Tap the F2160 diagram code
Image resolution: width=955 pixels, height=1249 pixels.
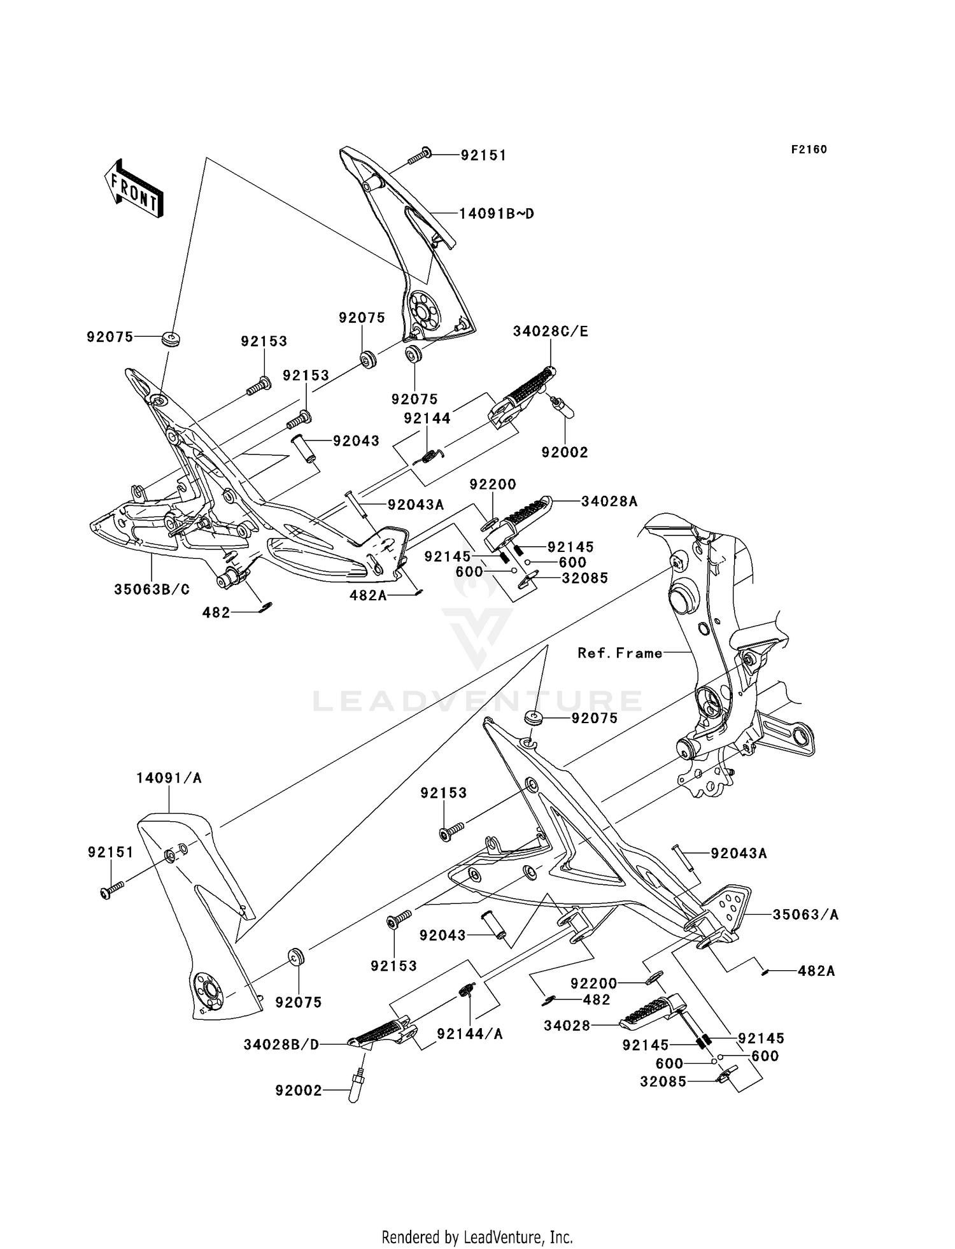coord(809,150)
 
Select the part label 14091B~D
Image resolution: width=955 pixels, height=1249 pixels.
coord(497,214)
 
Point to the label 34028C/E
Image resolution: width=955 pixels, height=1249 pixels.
coord(551,332)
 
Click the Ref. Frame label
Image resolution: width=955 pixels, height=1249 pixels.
coord(620,653)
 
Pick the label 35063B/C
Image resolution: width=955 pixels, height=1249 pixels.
coord(152,589)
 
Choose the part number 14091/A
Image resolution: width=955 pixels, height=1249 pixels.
coord(169,778)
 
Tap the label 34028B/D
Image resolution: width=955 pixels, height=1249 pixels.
coord(281,1045)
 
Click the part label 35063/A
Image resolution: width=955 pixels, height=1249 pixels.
coord(805,915)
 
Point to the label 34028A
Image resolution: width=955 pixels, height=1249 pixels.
coord(609,502)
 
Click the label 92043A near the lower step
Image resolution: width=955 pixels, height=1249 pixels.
coord(739,853)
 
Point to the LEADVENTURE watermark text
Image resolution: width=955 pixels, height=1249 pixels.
coord(477,701)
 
